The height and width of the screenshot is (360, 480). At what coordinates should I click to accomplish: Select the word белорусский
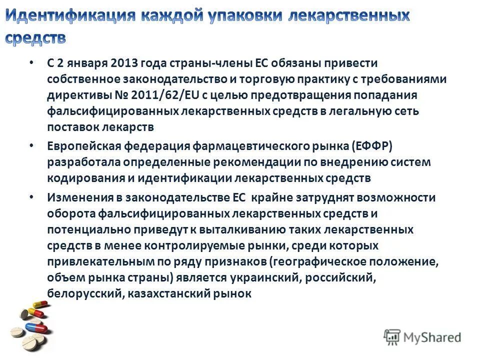[x=82, y=293]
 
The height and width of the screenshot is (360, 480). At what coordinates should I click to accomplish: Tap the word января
[x=85, y=63]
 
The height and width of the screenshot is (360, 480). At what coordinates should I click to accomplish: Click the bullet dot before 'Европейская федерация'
[x=31, y=145]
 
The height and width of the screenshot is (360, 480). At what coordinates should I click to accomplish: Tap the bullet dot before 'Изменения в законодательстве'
[x=31, y=196]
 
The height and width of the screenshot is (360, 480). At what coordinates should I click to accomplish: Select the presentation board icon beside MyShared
[x=391, y=337]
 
